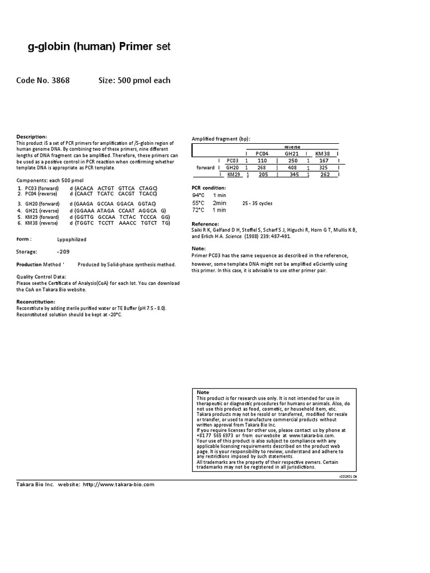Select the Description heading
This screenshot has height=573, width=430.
pyautogui.click(x=32, y=137)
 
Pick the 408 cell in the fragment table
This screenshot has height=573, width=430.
pyautogui.click(x=292, y=167)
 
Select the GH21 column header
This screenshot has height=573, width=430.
pyautogui.click(x=292, y=153)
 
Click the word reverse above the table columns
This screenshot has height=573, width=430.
pyautogui.click(x=292, y=147)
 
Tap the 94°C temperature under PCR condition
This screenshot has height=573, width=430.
pyautogui.click(x=198, y=195)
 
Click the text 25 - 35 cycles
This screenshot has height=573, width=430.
pyautogui.click(x=258, y=203)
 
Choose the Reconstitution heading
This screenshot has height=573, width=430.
pyautogui.click(x=36, y=301)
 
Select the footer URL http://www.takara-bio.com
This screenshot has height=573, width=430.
pyautogui.click(x=118, y=485)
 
